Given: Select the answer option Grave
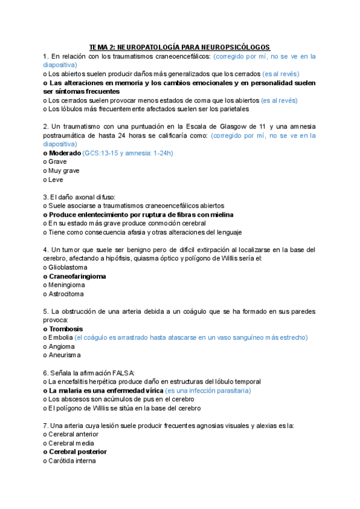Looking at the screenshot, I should tap(58, 161).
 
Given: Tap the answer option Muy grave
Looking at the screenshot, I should tap(64, 170).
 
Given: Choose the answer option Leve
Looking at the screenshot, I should tap(56, 179).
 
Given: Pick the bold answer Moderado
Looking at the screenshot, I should tap(65, 152).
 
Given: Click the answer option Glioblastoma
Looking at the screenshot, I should tap(68, 267).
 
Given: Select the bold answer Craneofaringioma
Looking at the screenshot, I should tap(77, 276).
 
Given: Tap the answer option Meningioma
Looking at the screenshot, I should tap(67, 285).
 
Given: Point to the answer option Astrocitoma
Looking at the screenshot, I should tap(67, 294).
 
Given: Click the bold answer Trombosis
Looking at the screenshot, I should tap(66, 329).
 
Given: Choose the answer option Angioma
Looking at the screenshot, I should tap(62, 346).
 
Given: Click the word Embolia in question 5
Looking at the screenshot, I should tap(61, 337).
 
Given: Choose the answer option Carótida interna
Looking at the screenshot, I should tap(73, 460).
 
